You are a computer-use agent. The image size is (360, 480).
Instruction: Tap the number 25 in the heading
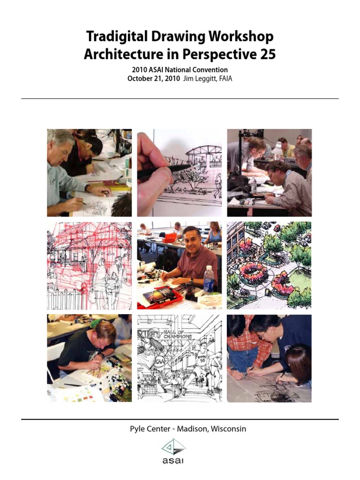266,55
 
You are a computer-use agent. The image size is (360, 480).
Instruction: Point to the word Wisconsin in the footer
228,429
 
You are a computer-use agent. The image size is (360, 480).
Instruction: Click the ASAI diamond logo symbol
173,447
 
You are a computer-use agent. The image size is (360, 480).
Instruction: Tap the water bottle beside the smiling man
209,280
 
